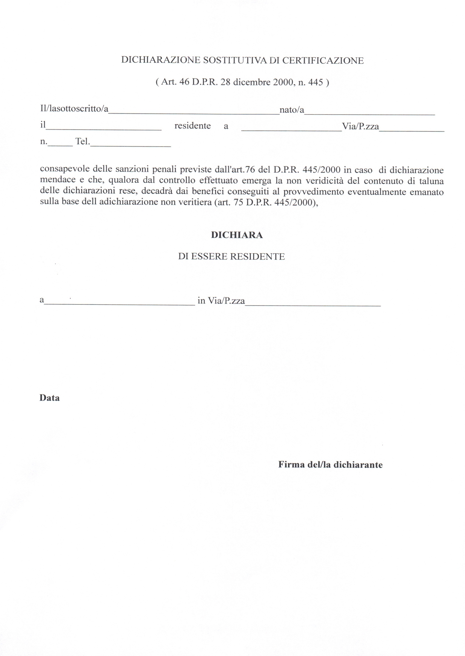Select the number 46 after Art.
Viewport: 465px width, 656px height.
click(x=184, y=82)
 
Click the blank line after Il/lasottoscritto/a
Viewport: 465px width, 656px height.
click(x=194, y=112)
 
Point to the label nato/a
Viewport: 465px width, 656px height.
click(x=292, y=110)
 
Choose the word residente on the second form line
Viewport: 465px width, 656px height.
click(x=192, y=126)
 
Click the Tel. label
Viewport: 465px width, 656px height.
click(x=83, y=142)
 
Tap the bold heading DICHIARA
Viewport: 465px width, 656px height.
click(x=237, y=235)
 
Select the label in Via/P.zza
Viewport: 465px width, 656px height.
click(x=221, y=301)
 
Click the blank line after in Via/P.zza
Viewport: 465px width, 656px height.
click(x=313, y=303)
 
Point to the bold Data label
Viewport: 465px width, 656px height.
click(x=49, y=398)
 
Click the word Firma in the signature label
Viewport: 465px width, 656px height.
click(x=291, y=465)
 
